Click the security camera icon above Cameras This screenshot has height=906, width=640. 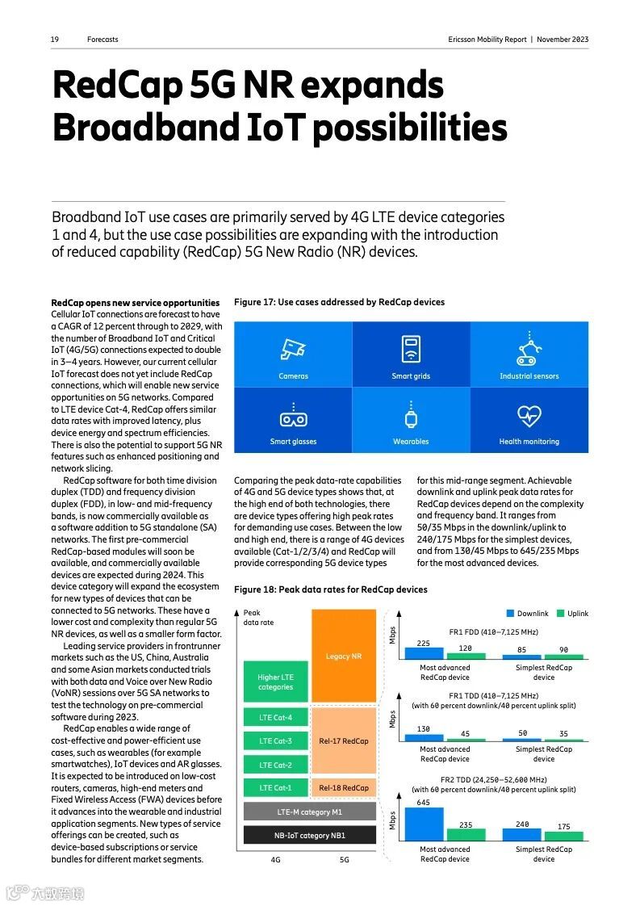pyautogui.click(x=293, y=350)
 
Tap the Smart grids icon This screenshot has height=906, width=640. pyautogui.click(x=411, y=349)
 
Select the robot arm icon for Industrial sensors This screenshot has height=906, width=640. pyautogui.click(x=529, y=349)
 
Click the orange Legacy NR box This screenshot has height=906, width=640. pyautogui.click(x=344, y=656)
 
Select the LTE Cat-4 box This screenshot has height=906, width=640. pyautogui.click(x=276, y=718)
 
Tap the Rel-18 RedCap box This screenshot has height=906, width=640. pyautogui.click(x=344, y=787)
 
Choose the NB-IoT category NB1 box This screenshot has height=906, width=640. pyautogui.click(x=310, y=835)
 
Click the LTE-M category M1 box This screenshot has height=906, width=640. pyautogui.click(x=310, y=812)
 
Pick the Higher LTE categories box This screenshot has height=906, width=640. pyautogui.click(x=276, y=682)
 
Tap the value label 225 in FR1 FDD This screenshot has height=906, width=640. pyautogui.click(x=423, y=643)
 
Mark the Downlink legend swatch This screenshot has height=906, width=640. pyautogui.click(x=510, y=614)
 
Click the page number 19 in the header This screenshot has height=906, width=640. pyautogui.click(x=55, y=40)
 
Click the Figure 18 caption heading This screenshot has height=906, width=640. pyautogui.click(x=330, y=589)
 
